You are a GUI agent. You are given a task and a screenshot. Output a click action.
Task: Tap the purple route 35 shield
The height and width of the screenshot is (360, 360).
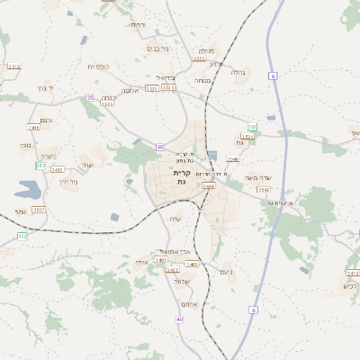[x=89, y=97]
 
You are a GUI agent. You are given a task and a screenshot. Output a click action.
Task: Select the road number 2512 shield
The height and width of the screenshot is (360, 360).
[x=13, y=67]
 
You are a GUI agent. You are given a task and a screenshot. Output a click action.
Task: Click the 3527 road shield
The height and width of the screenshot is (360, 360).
[x=38, y=210]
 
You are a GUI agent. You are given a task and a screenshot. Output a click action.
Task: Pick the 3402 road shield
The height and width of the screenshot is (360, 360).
[x=172, y=269]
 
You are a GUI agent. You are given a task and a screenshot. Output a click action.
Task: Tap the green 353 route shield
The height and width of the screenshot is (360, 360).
[x=40, y=166]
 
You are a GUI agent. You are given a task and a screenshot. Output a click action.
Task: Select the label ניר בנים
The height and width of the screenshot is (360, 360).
[x=157, y=49]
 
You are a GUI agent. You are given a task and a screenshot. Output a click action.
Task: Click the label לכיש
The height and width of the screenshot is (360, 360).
[x=350, y=286]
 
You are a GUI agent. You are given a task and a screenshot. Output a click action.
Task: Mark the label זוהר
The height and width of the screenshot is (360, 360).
[x=20, y=211]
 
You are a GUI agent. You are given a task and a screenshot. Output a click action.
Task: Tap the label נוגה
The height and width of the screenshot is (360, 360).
[x=25, y=144]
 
